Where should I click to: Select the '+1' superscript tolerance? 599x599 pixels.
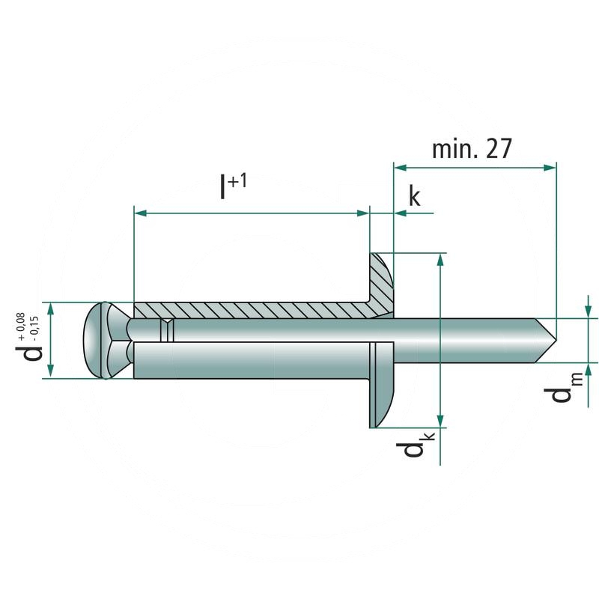point(238,180)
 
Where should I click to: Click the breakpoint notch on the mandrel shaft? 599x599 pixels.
point(168,329)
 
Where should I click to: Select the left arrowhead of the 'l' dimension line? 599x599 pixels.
point(139,213)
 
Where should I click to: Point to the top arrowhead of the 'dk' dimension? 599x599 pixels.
point(440,258)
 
